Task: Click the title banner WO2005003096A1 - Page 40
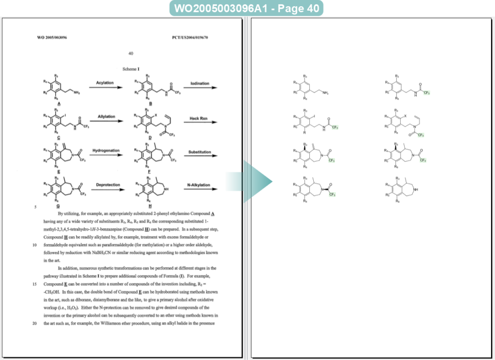click(247, 9)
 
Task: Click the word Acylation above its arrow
click(105, 83)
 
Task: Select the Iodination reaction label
click(200, 83)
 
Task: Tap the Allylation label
click(106, 116)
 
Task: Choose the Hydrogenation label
click(106, 150)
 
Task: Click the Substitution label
click(200, 152)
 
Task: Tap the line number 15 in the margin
click(35, 284)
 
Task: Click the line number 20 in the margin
click(35, 323)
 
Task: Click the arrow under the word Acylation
click(104, 88)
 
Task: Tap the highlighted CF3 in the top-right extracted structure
click(426, 93)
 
